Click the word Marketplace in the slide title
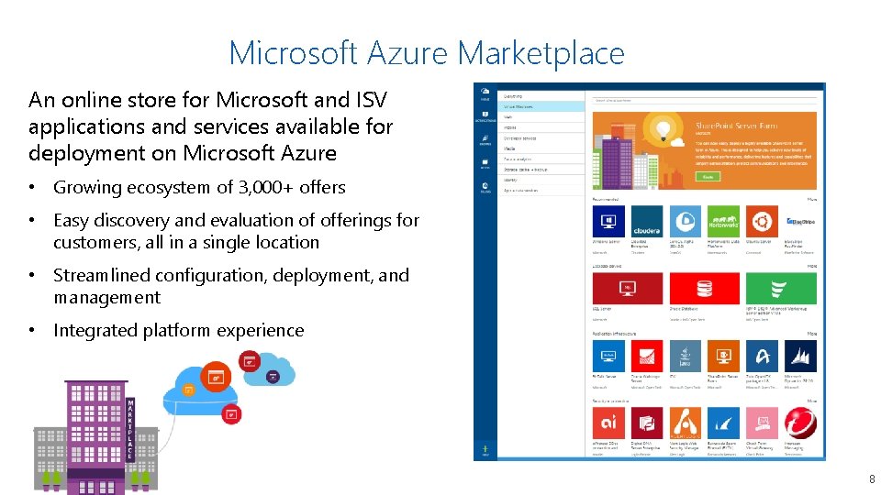pos(541,53)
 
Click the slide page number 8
pos(871,479)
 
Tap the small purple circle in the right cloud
pos(273,377)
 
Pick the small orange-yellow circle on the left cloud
pos(189,389)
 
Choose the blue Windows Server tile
pos(608,221)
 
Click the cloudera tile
pos(646,221)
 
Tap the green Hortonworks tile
pos(722,221)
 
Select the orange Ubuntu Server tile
pos(760,221)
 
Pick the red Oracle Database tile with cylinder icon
pos(705,288)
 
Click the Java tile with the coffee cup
pos(685,356)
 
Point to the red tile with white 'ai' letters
pos(608,423)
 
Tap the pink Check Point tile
pos(761,423)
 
